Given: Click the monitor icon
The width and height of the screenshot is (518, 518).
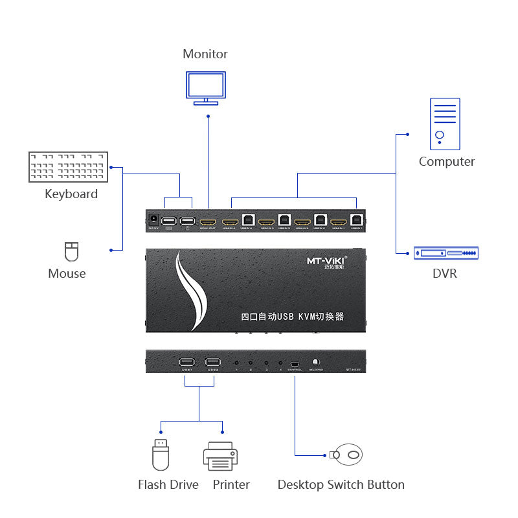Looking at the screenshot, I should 206,87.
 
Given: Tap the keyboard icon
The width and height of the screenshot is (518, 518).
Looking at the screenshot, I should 68,166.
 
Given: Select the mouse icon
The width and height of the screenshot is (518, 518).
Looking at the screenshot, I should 71,251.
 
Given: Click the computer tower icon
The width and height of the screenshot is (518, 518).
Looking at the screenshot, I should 445,124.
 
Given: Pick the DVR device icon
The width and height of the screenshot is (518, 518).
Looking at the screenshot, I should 445,253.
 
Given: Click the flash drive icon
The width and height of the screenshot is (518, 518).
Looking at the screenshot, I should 161,455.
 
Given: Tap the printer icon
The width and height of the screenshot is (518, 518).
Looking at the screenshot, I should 221,456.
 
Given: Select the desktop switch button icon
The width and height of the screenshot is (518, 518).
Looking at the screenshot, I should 348,455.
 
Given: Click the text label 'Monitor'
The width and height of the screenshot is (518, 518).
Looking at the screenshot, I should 205,54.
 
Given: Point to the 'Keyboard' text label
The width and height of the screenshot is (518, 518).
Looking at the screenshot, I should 71,194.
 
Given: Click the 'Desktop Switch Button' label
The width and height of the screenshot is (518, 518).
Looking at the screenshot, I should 341,484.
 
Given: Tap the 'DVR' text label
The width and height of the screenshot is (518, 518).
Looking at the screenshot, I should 445,273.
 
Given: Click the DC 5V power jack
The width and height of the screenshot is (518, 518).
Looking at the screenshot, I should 153,219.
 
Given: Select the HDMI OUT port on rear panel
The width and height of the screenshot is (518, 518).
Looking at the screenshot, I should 208,221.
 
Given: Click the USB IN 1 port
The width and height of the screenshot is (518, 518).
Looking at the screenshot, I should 356,220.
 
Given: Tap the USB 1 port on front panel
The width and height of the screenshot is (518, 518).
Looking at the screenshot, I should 185,363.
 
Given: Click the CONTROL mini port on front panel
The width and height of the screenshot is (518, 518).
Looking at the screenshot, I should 295,363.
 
